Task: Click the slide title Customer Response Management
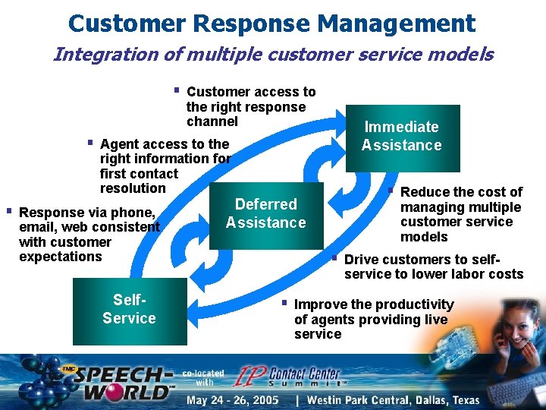tap(271, 23)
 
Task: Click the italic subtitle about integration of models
tap(273, 55)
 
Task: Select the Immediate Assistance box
tap(402, 137)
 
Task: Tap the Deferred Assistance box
tap(265, 214)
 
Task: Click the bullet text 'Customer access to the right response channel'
tap(250, 106)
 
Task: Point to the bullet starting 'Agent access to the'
tap(165, 166)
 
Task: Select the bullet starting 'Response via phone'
tap(89, 234)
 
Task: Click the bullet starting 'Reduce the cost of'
tap(460, 214)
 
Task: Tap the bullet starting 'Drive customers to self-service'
tap(433, 266)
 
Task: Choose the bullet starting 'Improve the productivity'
tap(373, 319)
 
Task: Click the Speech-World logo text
tap(125, 383)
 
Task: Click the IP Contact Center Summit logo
tap(292, 376)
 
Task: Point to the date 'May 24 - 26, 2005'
tap(233, 400)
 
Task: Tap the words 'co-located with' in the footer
tap(202, 377)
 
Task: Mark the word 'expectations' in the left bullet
tap(60, 257)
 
